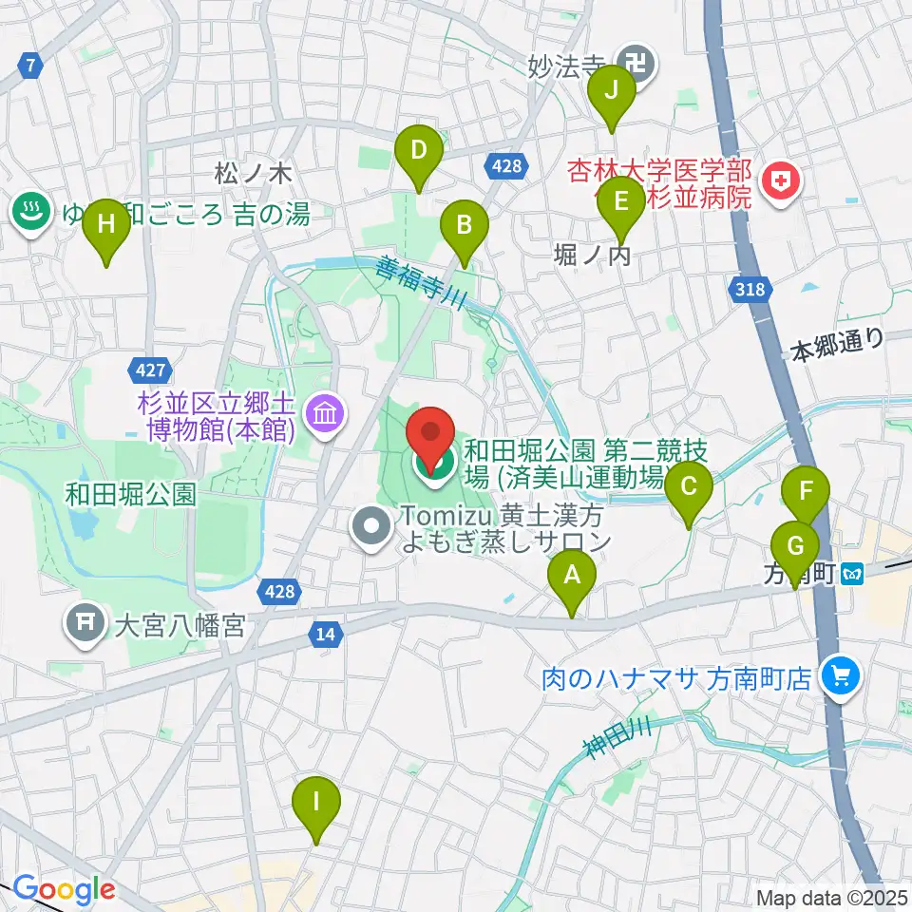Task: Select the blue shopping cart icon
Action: tap(840, 676)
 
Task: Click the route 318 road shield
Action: tap(748, 291)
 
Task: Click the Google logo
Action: tap(65, 890)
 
